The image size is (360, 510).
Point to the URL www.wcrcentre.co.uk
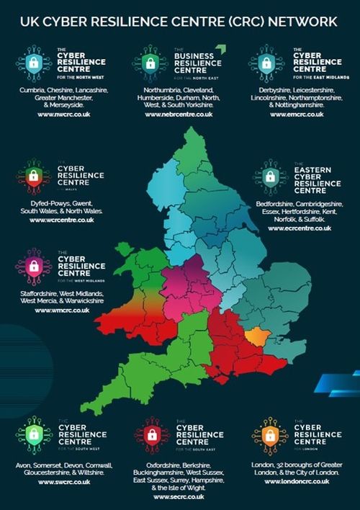[x=61, y=220]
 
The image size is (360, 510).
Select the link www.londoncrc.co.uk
[x=297, y=481]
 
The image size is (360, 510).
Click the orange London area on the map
[x=255, y=336]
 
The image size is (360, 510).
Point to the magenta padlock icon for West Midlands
[x=34, y=266]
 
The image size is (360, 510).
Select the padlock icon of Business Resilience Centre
[x=150, y=63]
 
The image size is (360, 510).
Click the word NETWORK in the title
[x=301, y=22]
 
